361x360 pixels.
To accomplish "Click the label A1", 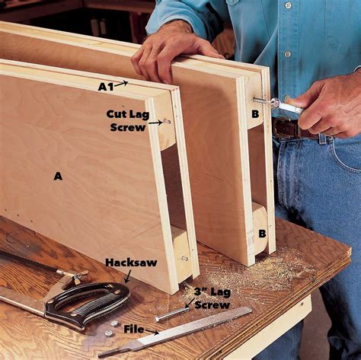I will pos(105,86).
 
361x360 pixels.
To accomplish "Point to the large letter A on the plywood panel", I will pos(57,176).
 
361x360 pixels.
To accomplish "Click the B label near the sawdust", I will pos(262,233).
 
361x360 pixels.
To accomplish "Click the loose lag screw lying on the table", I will pos(173,312).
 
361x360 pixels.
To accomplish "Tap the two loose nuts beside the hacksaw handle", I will pos(112,327).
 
